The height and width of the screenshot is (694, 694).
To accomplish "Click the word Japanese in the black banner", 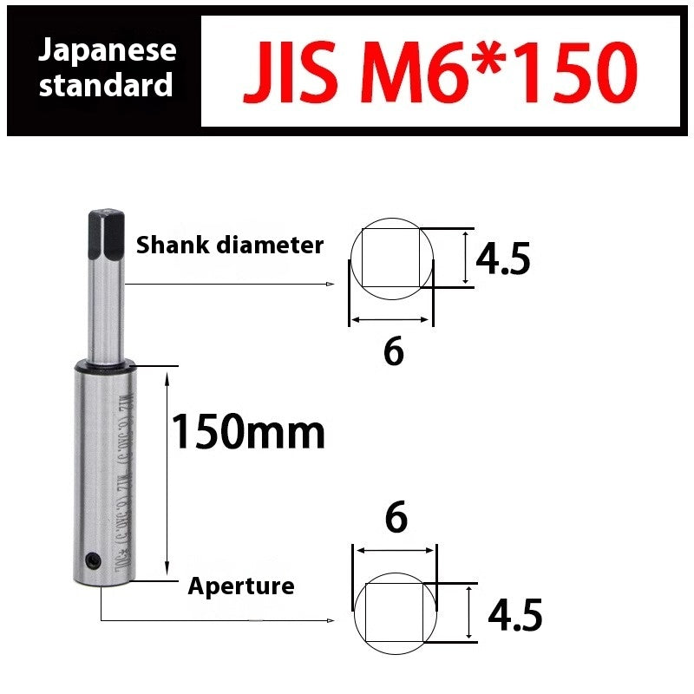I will point(107,50).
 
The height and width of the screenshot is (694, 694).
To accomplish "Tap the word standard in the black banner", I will point(107,86).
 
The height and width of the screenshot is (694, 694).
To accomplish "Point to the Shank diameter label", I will point(230,246).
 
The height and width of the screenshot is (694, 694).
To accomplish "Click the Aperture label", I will point(241,586).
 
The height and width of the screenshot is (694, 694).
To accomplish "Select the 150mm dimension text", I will point(248,431).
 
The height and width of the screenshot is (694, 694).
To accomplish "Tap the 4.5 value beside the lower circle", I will point(515,615).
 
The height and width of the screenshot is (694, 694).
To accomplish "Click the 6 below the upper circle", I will point(394,351).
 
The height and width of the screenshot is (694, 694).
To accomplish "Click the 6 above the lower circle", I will point(396,518).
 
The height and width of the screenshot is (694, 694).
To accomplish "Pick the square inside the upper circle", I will point(390,258).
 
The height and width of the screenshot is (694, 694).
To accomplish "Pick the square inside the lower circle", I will point(395,612).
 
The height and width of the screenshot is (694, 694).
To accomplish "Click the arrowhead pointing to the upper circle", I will point(331,284).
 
